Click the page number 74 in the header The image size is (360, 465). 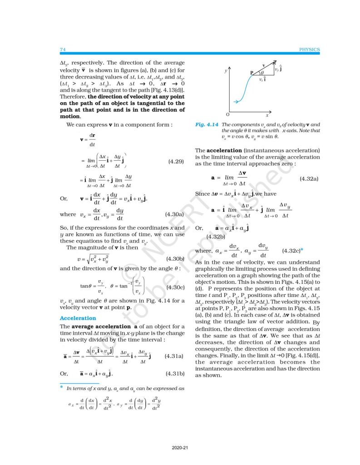(63, 49)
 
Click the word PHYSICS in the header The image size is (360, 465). (310, 49)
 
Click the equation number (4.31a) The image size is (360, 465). (174, 343)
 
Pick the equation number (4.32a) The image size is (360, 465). (309, 179)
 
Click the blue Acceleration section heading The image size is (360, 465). (78, 318)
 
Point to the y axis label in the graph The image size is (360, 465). (226, 72)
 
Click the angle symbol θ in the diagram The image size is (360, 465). (263, 72)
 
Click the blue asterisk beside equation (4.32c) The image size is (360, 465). (302, 250)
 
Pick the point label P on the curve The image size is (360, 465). (251, 73)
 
